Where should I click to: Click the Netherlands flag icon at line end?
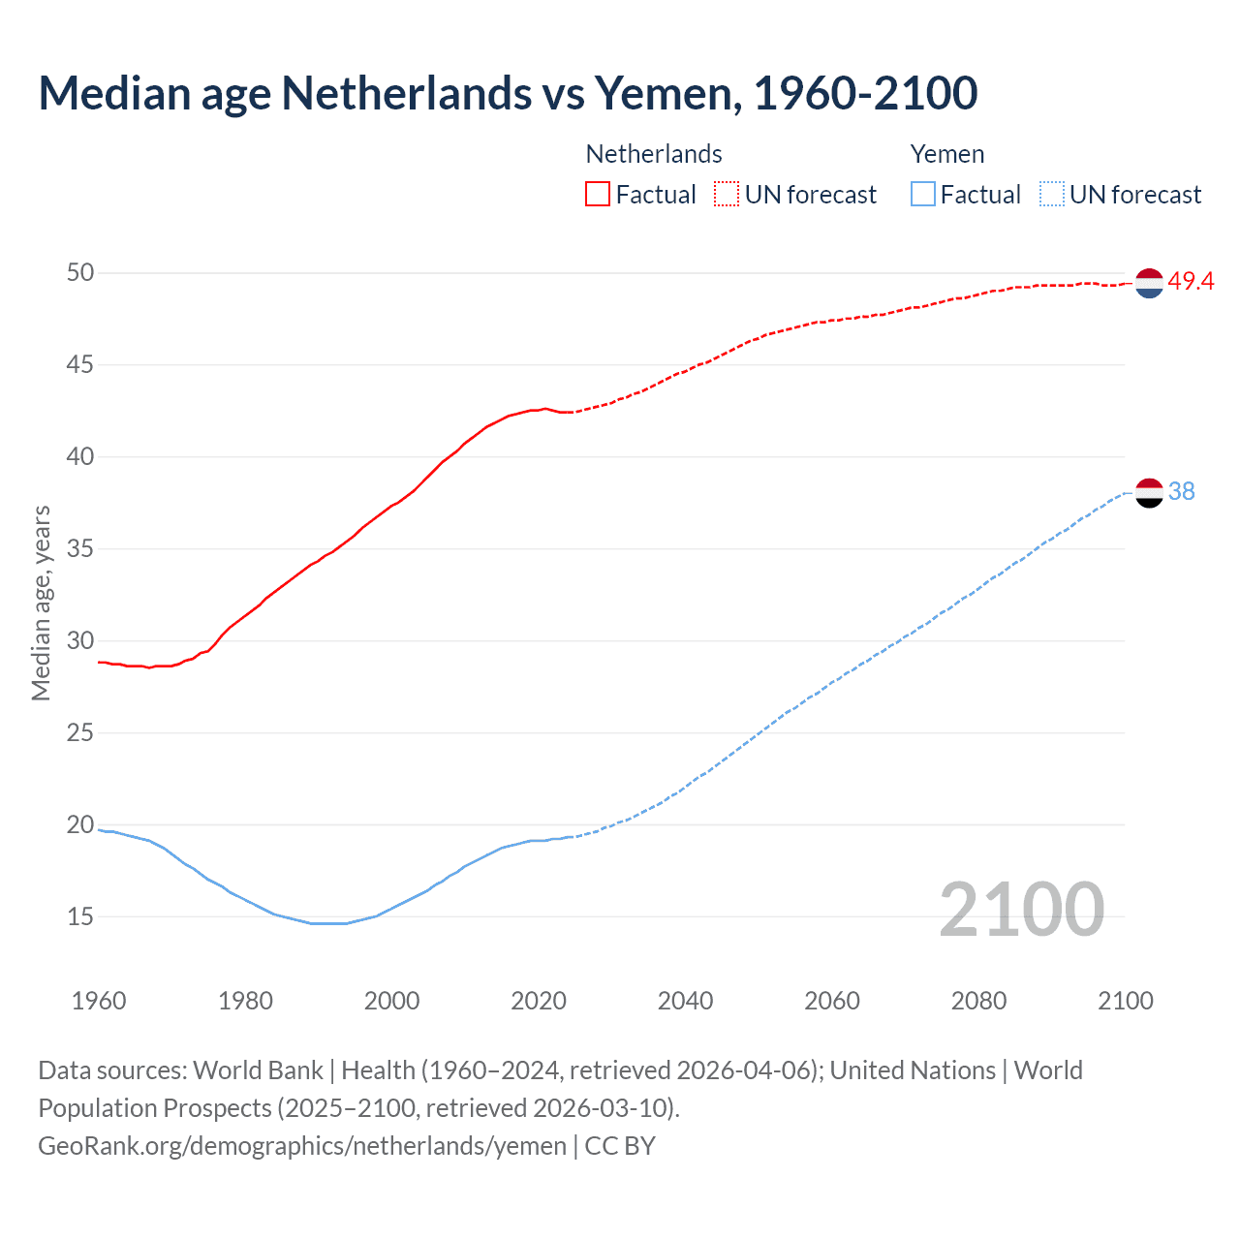pos(1149,283)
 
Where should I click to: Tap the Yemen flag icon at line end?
pos(1149,492)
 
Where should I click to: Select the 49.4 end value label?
pos(1191,282)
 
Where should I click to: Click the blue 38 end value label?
pos(1181,492)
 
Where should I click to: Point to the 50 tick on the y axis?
pos(80,273)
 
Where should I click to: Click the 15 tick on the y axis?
pos(80,916)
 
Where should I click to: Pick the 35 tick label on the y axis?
pos(80,549)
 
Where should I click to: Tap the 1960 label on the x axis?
pos(99,1001)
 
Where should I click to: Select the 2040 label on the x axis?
pos(685,1001)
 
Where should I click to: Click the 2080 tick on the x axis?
pos(978,1001)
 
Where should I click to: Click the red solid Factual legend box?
pos(598,195)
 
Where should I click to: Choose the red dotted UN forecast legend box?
pos(727,195)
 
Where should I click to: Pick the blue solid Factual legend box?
pos(922,195)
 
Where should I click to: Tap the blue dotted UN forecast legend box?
pos(1051,195)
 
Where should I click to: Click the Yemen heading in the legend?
pos(946,154)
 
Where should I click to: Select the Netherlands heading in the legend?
pos(654,154)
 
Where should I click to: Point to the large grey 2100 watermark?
pos(1021,909)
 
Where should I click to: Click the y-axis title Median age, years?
pos(41,603)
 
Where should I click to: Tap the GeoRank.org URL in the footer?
pos(302,1146)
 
